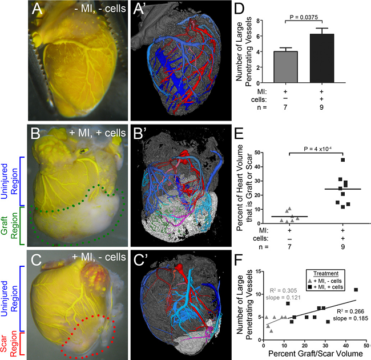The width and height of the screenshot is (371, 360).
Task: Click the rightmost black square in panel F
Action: [356, 290]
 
